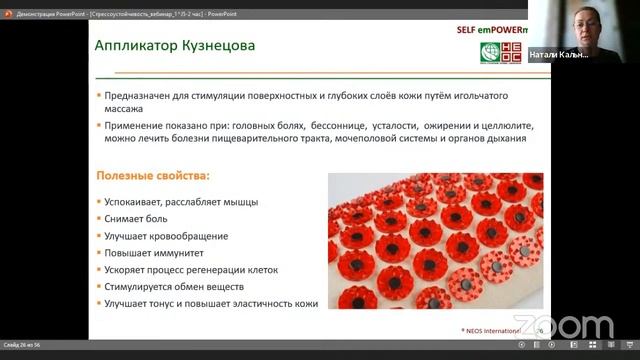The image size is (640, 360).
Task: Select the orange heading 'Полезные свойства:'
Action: tap(152, 176)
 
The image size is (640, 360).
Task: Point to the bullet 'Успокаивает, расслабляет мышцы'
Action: tap(181, 202)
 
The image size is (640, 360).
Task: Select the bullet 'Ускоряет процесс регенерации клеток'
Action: tap(198, 270)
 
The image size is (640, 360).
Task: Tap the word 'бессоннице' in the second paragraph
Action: tap(340, 126)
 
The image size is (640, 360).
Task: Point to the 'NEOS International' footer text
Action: tap(492, 329)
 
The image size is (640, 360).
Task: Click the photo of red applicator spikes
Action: tap(435, 241)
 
